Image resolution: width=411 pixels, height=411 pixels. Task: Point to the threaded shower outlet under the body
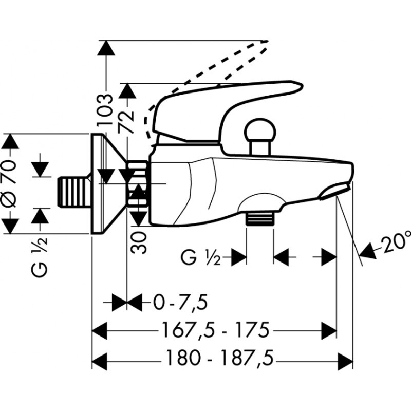(x=260, y=219)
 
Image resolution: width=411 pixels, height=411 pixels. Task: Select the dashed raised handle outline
(x=206, y=77)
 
